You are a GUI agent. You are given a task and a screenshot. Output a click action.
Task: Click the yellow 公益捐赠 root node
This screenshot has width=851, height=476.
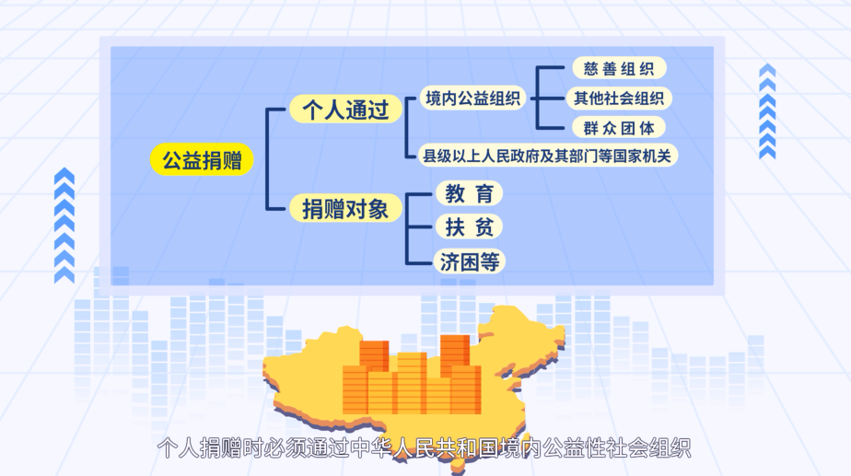click(x=202, y=159)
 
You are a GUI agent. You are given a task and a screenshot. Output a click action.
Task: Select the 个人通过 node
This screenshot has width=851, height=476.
click(x=345, y=109)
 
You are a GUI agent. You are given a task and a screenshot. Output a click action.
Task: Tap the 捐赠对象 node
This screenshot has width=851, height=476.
click(x=345, y=208)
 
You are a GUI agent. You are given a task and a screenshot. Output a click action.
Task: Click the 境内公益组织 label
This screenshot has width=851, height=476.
click(x=472, y=99)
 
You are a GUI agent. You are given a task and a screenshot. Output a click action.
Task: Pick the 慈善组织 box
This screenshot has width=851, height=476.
click(x=619, y=68)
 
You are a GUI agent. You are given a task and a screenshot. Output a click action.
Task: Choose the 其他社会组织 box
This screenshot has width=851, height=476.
click(x=619, y=99)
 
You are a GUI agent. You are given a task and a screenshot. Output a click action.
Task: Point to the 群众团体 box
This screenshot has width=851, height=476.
click(x=619, y=128)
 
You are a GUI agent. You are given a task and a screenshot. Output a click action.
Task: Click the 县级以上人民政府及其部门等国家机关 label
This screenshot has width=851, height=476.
click(x=547, y=156)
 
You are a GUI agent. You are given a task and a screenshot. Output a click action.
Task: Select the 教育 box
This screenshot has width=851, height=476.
click(x=469, y=193)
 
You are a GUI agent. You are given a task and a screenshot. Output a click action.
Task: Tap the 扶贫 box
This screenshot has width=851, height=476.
click(x=469, y=226)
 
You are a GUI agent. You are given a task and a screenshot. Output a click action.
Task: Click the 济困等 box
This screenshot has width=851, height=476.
click(x=470, y=261)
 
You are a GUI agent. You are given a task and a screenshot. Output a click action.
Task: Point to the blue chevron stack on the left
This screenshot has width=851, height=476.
click(x=64, y=226)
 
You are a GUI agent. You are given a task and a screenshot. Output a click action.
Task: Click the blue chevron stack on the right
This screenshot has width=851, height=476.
click(x=767, y=111)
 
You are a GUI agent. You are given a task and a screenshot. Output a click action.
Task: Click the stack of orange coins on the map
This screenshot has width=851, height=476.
click(x=412, y=376)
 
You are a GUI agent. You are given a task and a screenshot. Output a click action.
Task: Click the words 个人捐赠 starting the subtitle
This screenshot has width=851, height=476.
click(x=199, y=448)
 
